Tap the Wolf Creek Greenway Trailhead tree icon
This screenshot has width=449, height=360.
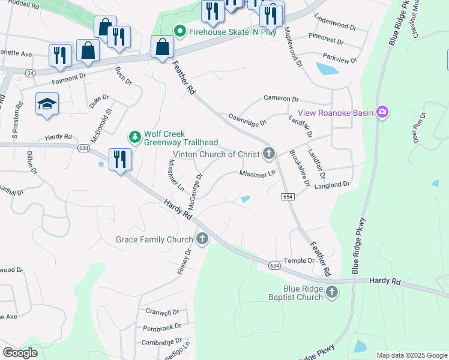point(136,137)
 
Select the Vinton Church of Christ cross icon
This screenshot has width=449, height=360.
point(268,154)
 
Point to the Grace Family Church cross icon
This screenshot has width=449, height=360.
point(202,239)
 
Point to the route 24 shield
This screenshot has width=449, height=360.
point(30,73)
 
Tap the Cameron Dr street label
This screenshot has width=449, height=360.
point(281,98)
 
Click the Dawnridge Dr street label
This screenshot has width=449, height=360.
point(247,120)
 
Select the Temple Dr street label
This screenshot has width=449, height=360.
point(299,260)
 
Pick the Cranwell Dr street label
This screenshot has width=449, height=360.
point(162,312)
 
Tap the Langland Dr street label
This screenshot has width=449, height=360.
point(331,185)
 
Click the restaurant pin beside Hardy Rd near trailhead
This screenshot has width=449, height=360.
point(120,160)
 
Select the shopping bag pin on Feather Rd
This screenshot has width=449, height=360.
point(162,46)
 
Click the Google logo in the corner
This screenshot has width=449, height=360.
point(20,353)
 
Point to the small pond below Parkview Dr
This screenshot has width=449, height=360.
point(327,69)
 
